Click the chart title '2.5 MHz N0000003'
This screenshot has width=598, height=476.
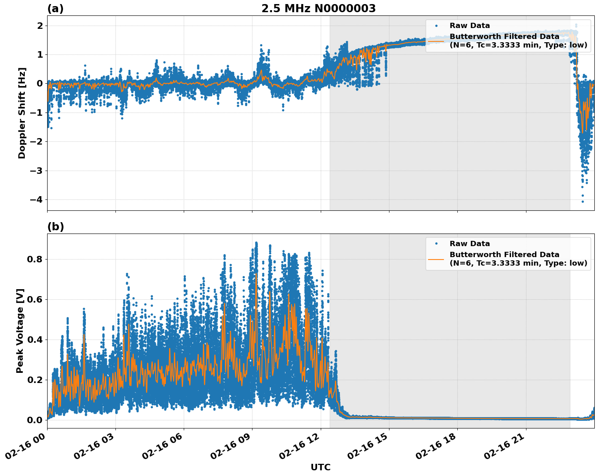[x=318, y=9]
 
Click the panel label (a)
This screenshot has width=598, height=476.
[x=55, y=9]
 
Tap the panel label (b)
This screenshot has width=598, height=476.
[x=55, y=227]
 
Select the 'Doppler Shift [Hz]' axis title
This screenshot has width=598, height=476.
[x=22, y=113]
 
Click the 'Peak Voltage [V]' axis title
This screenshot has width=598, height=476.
[x=20, y=331]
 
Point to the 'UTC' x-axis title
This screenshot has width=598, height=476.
[x=320, y=467]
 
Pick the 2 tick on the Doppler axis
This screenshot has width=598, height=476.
[x=40, y=26]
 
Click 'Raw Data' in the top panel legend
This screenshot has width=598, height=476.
[x=470, y=26]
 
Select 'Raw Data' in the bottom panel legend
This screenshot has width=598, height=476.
[x=470, y=244]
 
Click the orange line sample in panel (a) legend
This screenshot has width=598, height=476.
[x=436, y=41]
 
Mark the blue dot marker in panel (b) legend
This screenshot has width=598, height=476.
[x=436, y=244]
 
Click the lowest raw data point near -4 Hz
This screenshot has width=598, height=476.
[x=583, y=201]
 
